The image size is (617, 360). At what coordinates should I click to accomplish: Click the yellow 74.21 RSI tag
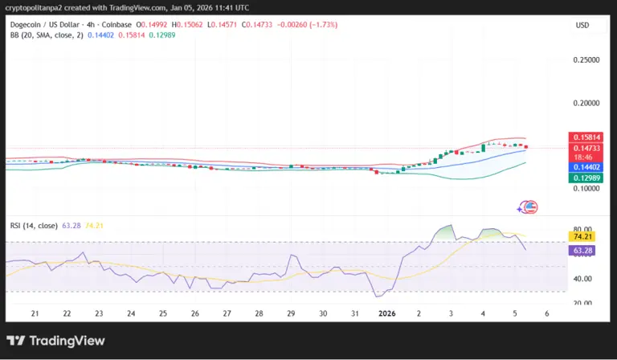[x=584, y=237]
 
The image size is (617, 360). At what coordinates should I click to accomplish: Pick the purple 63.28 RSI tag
[x=584, y=251]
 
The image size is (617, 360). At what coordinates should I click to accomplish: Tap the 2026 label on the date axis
[x=387, y=313]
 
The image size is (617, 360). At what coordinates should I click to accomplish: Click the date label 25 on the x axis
[x=162, y=313]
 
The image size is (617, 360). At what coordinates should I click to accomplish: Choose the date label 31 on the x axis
[x=354, y=313]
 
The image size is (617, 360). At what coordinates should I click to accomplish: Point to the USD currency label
[x=582, y=25]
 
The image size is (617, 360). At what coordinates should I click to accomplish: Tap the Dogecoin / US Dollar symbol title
[x=45, y=25]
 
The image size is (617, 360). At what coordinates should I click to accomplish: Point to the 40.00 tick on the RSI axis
[x=583, y=279]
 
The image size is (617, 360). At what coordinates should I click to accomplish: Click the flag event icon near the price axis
[x=529, y=207]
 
